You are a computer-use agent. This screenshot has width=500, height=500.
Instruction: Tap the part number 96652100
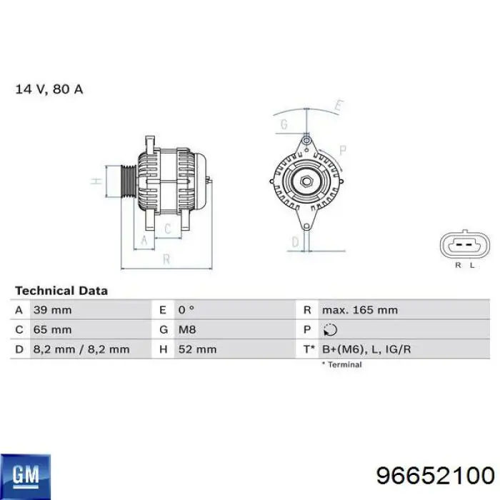pyautogui.click(x=435, y=476)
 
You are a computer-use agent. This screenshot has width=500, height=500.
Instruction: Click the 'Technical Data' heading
pyautogui.click(x=61, y=291)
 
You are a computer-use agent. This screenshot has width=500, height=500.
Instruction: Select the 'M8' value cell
pyautogui.click(x=186, y=329)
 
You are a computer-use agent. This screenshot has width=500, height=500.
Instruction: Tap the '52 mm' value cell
pyautogui.click(x=197, y=349)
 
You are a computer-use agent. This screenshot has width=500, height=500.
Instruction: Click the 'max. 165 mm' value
pyautogui.click(x=359, y=310)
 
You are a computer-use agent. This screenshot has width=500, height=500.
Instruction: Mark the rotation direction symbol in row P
pyautogui.click(x=330, y=329)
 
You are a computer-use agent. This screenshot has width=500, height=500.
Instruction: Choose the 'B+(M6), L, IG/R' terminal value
pyautogui.click(x=366, y=349)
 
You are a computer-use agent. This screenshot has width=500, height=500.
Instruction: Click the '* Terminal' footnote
pyautogui.click(x=341, y=364)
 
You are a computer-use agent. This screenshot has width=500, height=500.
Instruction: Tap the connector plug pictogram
pyautogui.click(x=464, y=248)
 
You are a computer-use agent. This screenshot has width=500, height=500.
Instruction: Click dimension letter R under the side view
pyautogui.click(x=166, y=260)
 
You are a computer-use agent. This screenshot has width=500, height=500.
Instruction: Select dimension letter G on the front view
pyautogui.click(x=284, y=124)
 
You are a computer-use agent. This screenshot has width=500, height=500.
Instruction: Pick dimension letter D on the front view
pyautogui.click(x=294, y=243)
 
